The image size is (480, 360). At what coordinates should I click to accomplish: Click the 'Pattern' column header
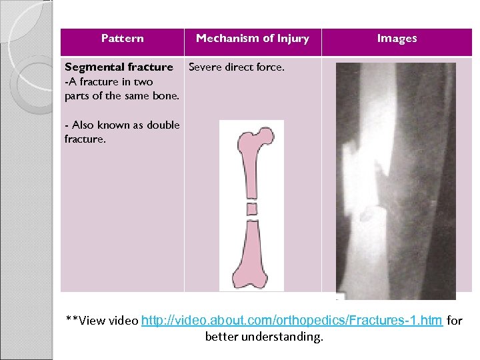point(122,39)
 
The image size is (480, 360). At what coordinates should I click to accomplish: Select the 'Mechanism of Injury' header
point(252,39)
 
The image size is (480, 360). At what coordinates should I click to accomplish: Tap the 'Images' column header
point(397,39)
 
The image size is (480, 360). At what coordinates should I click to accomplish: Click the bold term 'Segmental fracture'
point(118,67)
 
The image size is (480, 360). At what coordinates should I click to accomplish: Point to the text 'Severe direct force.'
point(237,67)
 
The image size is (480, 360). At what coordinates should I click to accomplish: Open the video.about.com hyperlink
point(292,321)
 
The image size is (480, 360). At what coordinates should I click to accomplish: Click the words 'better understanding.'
point(263,337)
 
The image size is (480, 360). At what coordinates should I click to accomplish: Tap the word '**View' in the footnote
point(86,321)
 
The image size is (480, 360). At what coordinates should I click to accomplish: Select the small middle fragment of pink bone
point(252,209)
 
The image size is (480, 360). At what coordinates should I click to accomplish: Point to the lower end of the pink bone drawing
point(252,279)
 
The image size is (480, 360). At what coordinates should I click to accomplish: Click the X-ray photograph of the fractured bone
point(395,180)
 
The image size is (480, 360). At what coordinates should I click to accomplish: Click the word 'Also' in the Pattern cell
point(83,125)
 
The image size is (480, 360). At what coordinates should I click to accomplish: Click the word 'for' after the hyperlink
point(454,321)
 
